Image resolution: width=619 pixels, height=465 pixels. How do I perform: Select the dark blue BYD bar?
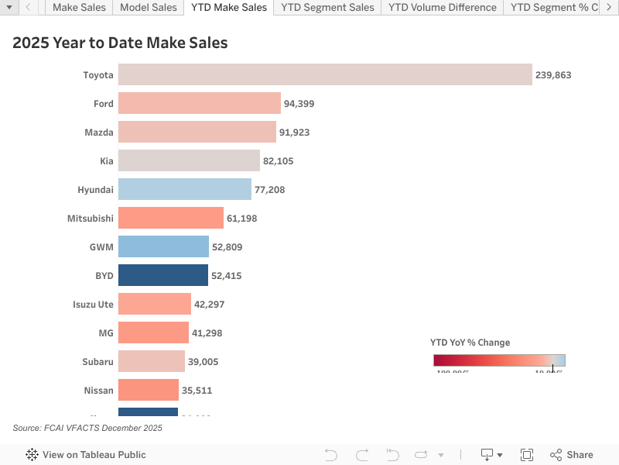163,276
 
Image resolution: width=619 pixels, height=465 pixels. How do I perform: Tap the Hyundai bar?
185,190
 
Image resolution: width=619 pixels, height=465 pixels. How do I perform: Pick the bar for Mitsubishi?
171,219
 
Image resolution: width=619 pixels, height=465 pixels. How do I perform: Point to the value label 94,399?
299,104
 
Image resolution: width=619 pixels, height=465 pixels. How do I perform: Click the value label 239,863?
552,75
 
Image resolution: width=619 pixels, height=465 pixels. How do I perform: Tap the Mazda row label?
99,133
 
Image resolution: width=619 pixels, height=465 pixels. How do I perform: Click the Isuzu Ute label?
93,305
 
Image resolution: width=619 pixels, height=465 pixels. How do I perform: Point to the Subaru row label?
97,362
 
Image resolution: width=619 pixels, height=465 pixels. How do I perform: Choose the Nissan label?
98,391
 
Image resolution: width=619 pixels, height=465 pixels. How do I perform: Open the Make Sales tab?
79,8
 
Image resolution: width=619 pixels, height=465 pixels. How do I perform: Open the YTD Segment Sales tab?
327,8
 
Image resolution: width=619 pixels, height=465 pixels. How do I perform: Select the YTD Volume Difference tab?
442,8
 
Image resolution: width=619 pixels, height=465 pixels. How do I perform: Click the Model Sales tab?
148,8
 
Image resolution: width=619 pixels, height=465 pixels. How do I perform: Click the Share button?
572,455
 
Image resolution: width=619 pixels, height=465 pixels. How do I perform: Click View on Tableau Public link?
86,455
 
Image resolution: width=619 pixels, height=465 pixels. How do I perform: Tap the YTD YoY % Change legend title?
470,343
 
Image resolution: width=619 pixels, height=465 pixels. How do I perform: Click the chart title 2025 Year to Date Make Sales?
120,43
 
